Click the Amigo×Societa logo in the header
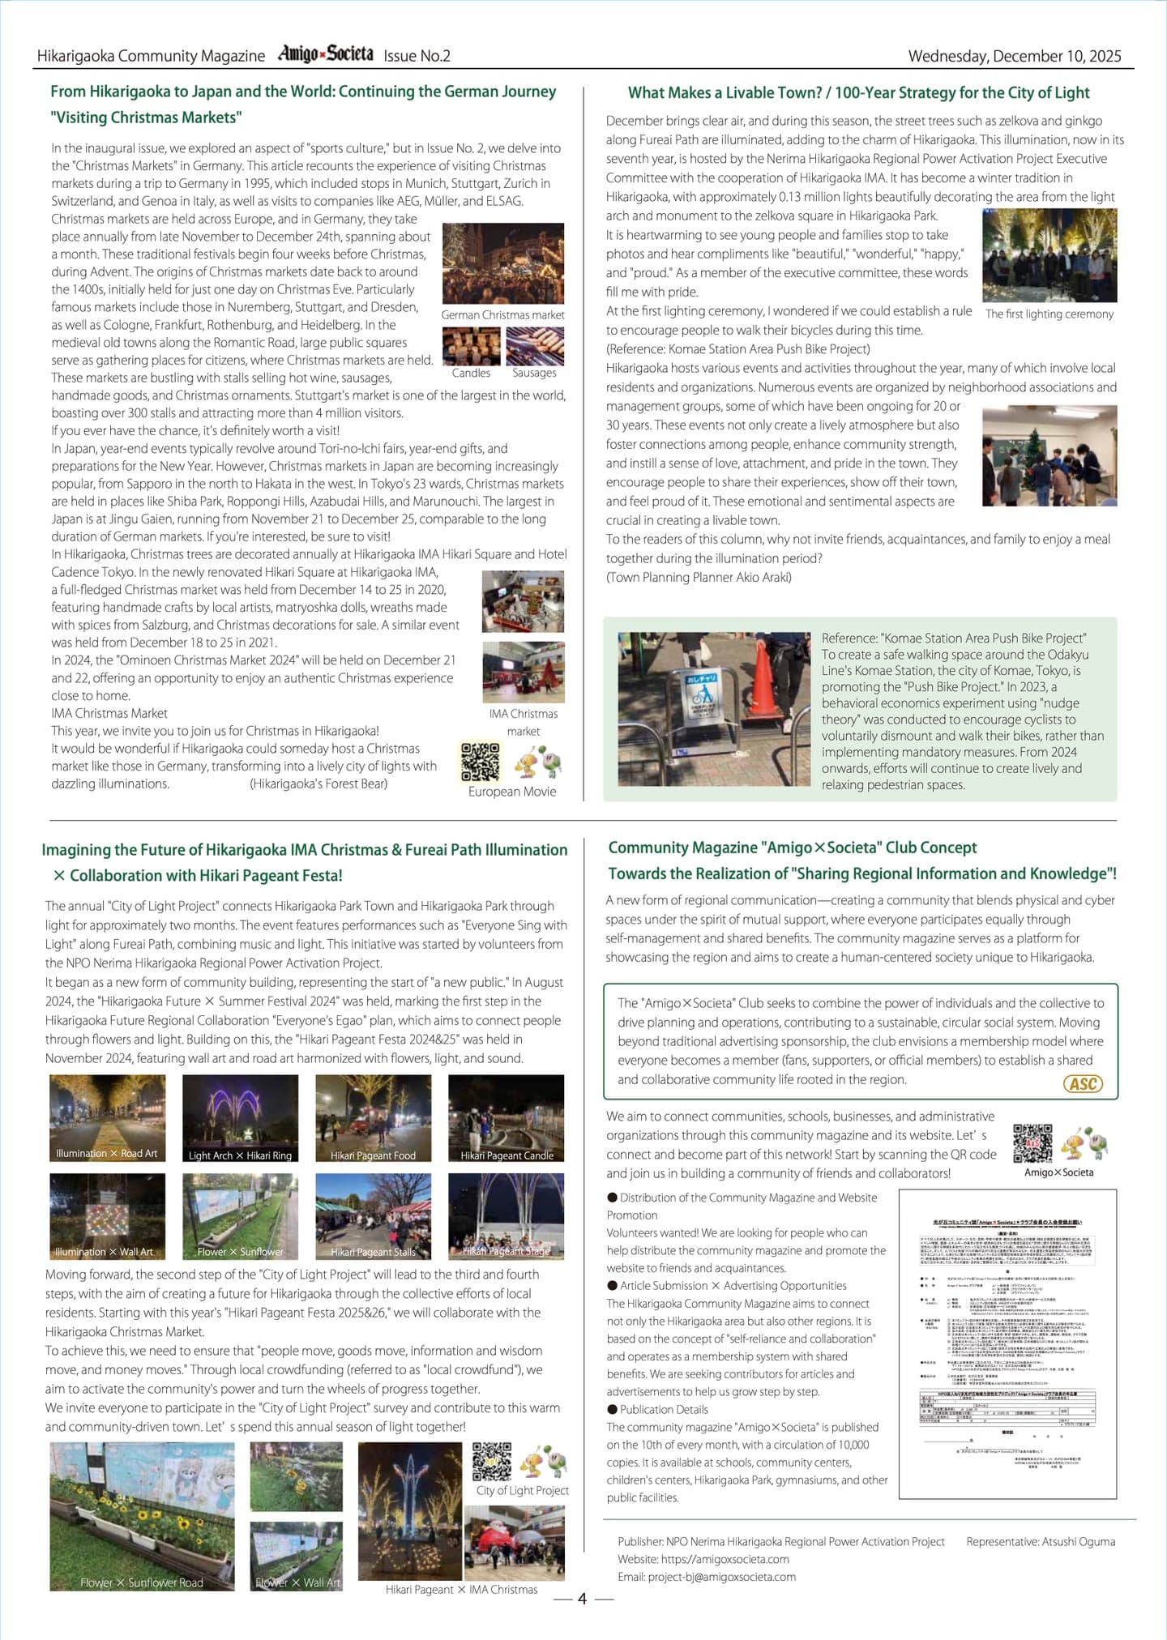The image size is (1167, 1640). coord(325,54)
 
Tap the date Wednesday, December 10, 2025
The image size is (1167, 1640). coord(1014,56)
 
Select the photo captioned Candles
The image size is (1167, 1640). coord(471,346)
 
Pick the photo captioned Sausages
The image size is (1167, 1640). coord(534,346)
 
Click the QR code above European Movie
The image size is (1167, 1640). coord(481,762)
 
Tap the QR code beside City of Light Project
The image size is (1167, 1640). coord(492,1462)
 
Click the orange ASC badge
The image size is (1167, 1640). coord(1083,1083)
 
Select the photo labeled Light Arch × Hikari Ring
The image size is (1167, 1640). coord(240,1118)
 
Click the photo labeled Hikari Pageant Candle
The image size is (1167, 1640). coord(506,1118)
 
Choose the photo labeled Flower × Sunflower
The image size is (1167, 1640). coord(240,1215)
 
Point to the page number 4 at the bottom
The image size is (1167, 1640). coord(582,1599)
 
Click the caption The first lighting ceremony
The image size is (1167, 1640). coord(1049,314)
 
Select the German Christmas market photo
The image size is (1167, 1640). coord(502,263)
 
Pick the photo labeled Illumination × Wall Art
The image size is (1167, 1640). coord(107,1215)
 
